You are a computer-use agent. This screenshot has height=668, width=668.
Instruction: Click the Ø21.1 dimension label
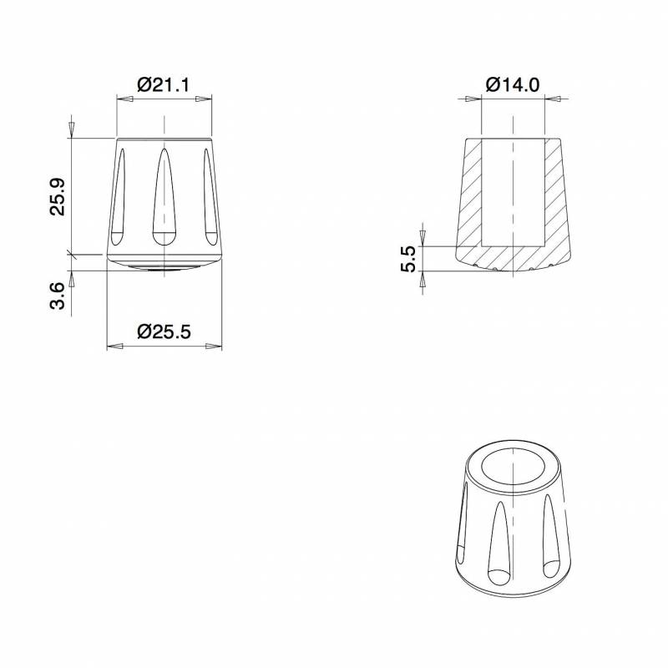point(164,84)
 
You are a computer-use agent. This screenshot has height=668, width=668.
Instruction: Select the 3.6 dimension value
point(58,296)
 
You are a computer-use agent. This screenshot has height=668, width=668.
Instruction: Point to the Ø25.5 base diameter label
point(164,331)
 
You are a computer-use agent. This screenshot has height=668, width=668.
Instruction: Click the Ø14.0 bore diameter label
point(512,84)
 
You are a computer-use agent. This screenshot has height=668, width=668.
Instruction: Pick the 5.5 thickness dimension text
point(408,261)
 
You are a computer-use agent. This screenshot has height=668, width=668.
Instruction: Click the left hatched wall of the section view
point(468,196)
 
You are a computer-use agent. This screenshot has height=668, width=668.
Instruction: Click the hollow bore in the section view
point(513,188)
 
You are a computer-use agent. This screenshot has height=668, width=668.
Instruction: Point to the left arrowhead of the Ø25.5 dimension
point(115,347)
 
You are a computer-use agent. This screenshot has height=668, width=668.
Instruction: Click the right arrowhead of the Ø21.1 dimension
point(203,99)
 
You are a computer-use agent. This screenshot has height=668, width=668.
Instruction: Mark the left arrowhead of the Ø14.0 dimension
point(474,99)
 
